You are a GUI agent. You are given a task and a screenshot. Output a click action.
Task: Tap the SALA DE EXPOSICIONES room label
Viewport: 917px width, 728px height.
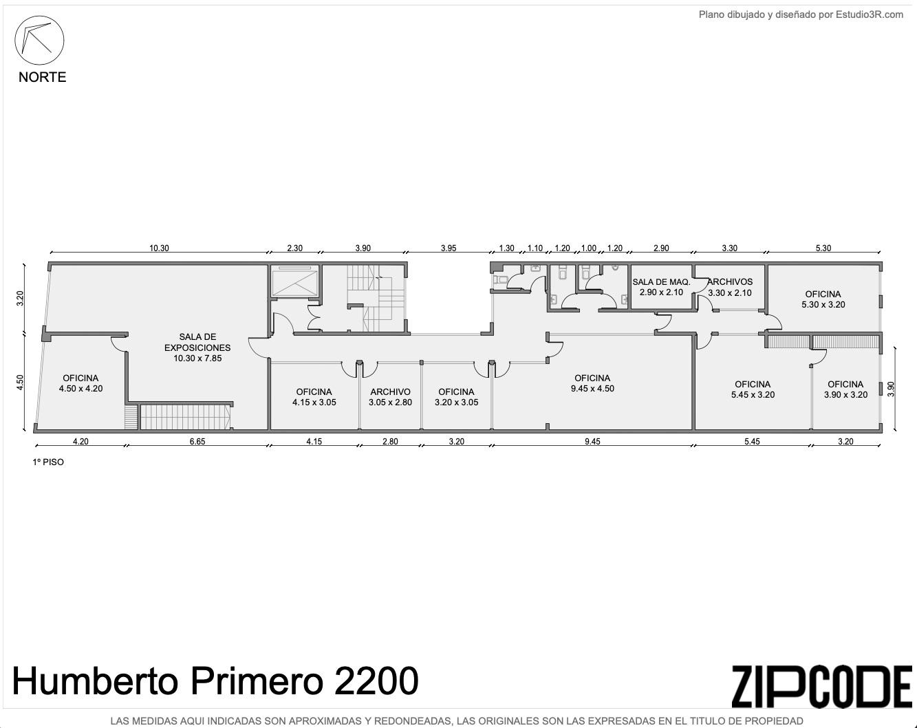(197, 347)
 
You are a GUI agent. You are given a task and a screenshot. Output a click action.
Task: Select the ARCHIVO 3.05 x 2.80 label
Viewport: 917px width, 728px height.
(390, 397)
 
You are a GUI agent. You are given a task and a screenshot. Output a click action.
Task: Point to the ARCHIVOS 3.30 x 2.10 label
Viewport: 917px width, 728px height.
(729, 287)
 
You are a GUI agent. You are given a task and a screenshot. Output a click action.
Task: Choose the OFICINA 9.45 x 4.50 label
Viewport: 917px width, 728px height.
(592, 383)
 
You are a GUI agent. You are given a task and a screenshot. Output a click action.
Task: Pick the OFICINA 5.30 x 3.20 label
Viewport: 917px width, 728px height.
(823, 299)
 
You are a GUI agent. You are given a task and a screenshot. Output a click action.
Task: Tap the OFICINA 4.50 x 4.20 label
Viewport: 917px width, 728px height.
(80, 383)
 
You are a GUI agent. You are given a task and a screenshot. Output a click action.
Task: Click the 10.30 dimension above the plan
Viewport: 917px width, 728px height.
(159, 248)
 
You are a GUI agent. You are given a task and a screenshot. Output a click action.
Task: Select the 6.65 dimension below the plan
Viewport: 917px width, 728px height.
(197, 442)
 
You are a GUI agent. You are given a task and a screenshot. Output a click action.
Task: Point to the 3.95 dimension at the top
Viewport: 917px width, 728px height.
(449, 248)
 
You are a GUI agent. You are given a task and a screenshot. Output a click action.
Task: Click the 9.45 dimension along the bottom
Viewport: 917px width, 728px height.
(592, 442)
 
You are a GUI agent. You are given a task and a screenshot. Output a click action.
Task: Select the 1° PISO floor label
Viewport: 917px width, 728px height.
(48, 462)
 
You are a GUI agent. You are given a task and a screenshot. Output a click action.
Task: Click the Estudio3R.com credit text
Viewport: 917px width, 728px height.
(870, 14)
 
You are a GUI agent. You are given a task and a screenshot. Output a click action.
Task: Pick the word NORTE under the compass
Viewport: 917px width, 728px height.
(42, 77)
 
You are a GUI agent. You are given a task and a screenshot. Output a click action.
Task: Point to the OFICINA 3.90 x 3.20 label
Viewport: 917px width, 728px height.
(845, 389)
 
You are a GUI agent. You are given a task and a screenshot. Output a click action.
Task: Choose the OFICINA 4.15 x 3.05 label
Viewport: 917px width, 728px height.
(314, 397)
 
